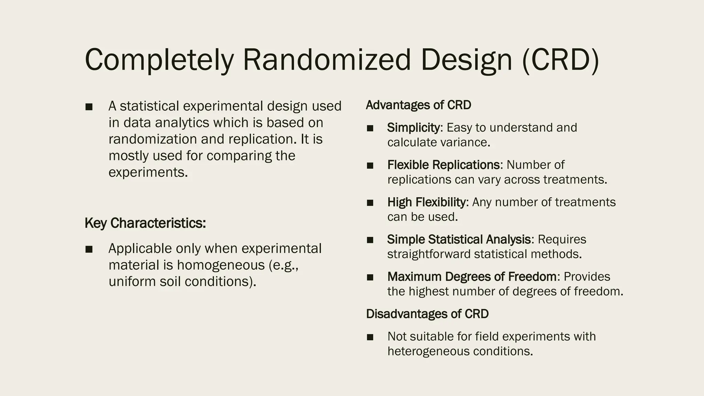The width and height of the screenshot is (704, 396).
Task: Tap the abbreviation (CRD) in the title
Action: [x=560, y=60]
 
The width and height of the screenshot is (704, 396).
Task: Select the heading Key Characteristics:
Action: [x=145, y=223]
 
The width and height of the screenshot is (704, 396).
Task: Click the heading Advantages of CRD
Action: [x=418, y=105]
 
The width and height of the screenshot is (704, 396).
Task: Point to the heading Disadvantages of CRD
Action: [x=427, y=314]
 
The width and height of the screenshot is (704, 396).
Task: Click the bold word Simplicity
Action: [x=413, y=128]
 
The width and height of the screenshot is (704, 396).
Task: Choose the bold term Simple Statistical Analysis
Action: [x=459, y=239]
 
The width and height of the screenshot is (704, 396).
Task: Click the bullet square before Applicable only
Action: [x=89, y=249]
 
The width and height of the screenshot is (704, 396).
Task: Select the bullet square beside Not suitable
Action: [x=370, y=337]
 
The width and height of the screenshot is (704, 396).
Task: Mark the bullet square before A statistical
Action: [x=89, y=107]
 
